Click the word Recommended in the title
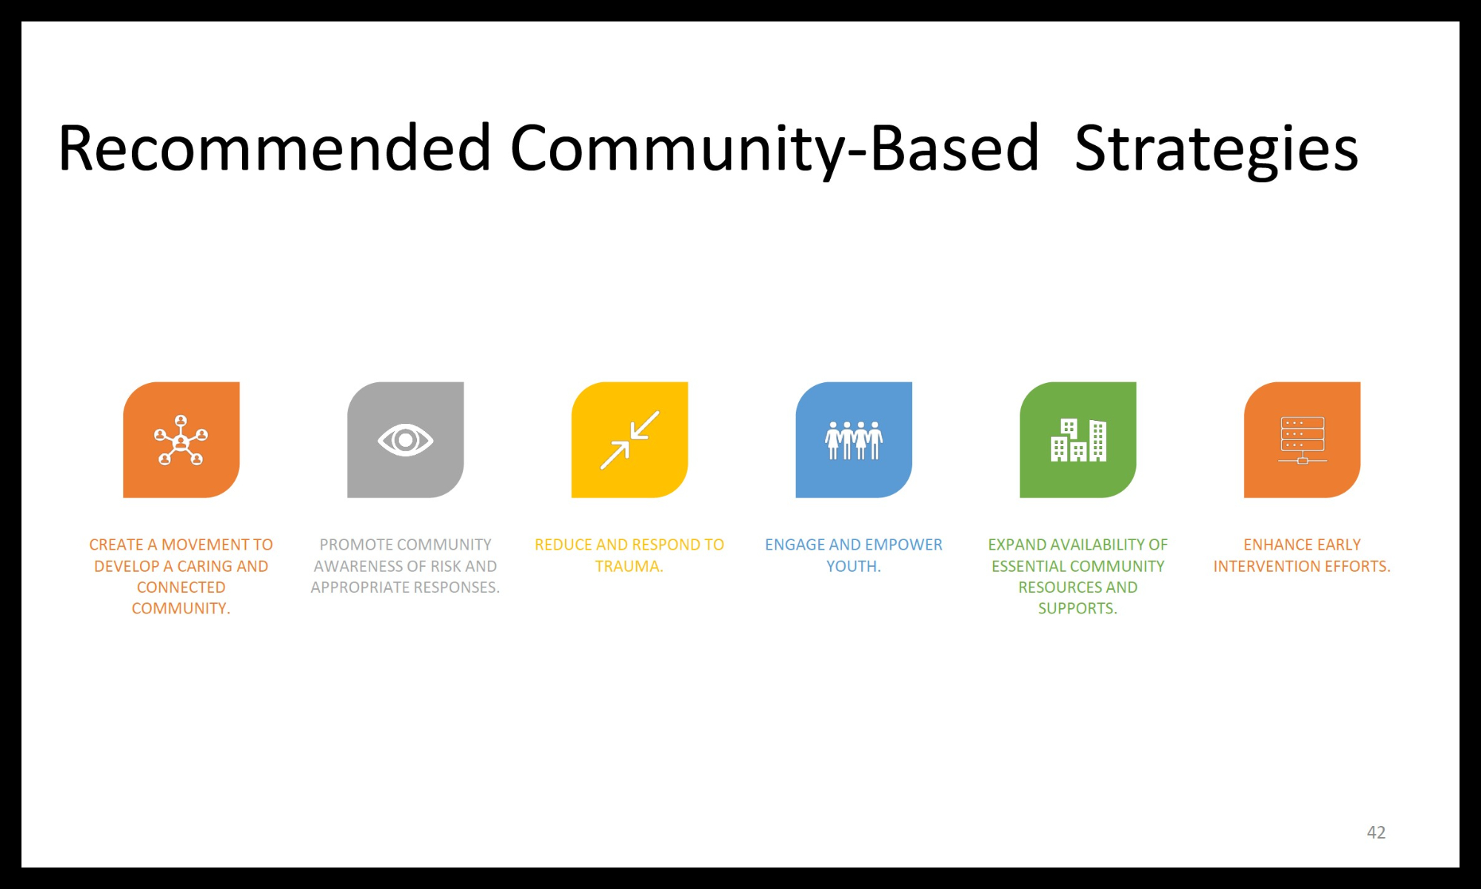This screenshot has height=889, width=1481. tap(274, 148)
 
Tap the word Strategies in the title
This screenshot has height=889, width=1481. tap(1216, 148)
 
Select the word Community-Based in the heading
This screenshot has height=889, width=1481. tap(775, 148)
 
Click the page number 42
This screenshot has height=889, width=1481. tap(1376, 832)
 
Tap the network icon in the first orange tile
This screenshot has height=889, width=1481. tap(181, 440)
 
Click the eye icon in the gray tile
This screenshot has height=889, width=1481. tap(405, 440)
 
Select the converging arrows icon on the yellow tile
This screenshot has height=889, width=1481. tap(629, 440)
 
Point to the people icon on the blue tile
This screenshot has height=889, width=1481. tap(854, 440)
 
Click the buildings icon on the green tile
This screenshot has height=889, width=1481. tap(1078, 440)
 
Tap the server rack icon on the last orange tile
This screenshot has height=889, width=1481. tap(1302, 440)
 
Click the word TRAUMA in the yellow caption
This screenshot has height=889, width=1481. tap(627, 566)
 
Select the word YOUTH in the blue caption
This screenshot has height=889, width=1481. tap(852, 566)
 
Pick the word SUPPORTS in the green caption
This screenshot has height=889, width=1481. tap(1076, 608)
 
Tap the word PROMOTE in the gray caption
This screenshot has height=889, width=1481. tap(351, 545)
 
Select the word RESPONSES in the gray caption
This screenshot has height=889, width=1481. tap(455, 587)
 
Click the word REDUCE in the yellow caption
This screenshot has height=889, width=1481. tap(564, 545)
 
